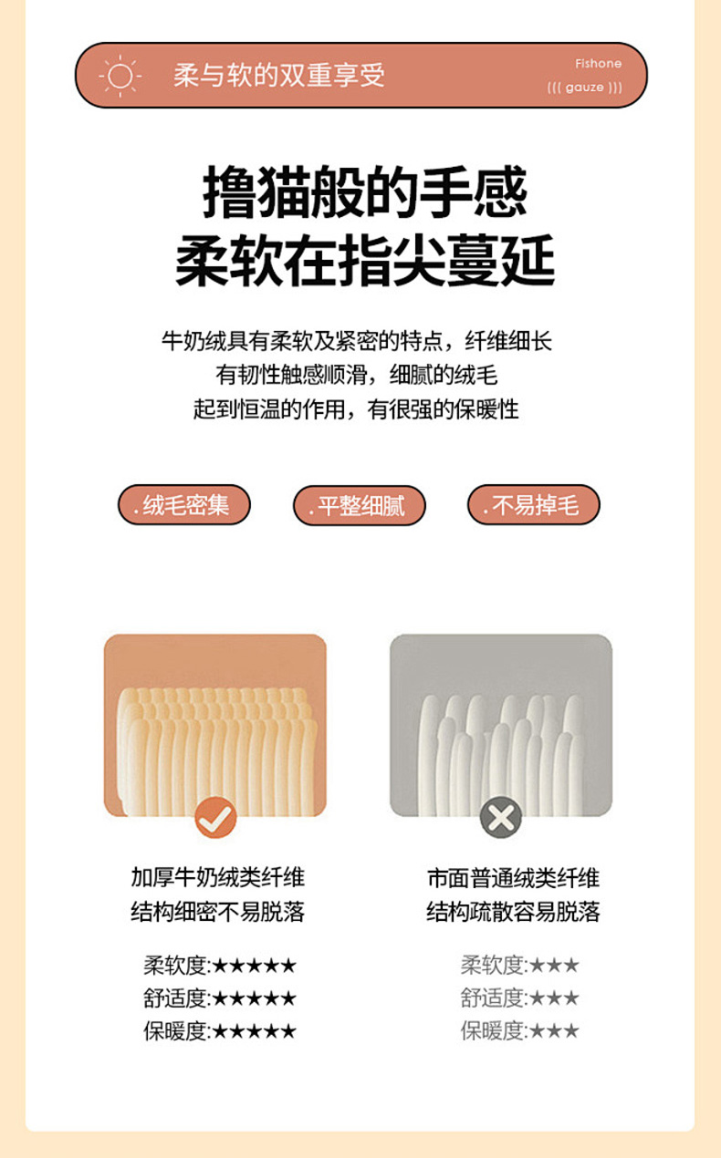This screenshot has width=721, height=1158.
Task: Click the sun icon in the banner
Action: (x=120, y=76)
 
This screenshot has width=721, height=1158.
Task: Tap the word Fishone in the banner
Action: (x=598, y=64)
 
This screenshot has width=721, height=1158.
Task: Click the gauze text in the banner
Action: (x=584, y=88)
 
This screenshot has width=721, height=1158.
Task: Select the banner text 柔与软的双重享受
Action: (x=279, y=76)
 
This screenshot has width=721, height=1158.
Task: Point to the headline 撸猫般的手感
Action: (x=364, y=192)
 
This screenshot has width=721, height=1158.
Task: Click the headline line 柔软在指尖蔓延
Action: (x=364, y=260)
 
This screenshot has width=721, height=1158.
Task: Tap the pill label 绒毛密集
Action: (x=184, y=504)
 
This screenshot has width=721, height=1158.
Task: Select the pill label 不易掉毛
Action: (x=534, y=504)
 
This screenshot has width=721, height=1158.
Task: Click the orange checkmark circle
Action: (x=215, y=817)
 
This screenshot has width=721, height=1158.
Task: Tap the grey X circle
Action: (x=500, y=817)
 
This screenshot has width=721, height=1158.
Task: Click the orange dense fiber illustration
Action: (x=215, y=725)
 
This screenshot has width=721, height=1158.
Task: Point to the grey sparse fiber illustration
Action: (x=501, y=725)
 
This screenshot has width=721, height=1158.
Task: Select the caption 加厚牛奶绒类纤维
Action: (x=218, y=878)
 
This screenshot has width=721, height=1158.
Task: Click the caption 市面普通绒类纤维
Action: (x=514, y=878)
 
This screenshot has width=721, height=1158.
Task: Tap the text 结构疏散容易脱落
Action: (x=514, y=912)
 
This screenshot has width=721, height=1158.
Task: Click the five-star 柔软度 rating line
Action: (x=220, y=966)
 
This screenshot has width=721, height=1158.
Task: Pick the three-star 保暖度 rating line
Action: (x=519, y=1031)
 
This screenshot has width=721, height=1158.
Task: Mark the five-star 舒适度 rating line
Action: (x=220, y=998)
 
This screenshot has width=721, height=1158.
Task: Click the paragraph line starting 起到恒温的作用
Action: (x=356, y=409)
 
